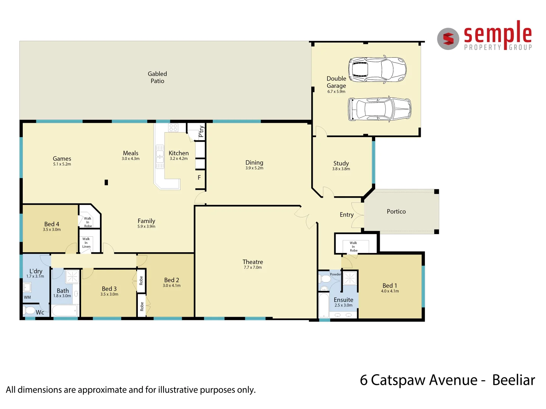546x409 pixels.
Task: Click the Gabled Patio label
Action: coord(157,77)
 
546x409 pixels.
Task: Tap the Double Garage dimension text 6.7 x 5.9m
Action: coord(336,92)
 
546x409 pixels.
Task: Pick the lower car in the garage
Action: coord(379,109)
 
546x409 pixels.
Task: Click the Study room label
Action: coord(341,164)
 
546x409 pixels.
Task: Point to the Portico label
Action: coord(396,212)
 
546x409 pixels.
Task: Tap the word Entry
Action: coord(346,215)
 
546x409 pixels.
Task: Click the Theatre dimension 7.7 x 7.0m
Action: coord(253,268)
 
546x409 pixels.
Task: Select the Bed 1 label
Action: coord(390,286)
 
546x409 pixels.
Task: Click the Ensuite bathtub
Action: coord(324,305)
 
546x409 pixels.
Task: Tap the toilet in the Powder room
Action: coord(325,279)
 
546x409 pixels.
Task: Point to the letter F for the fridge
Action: coord(199,178)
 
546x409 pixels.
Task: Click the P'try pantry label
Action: coord(201,131)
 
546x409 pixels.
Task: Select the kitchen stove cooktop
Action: coord(173,128)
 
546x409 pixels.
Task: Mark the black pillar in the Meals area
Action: coord(106,183)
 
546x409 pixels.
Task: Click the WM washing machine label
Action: coord(27,297)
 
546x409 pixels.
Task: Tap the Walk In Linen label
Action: coord(86,243)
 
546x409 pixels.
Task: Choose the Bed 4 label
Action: coord(51,224)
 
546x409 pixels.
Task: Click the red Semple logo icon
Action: coord(448,39)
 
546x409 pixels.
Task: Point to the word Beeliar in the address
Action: coord(513,380)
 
